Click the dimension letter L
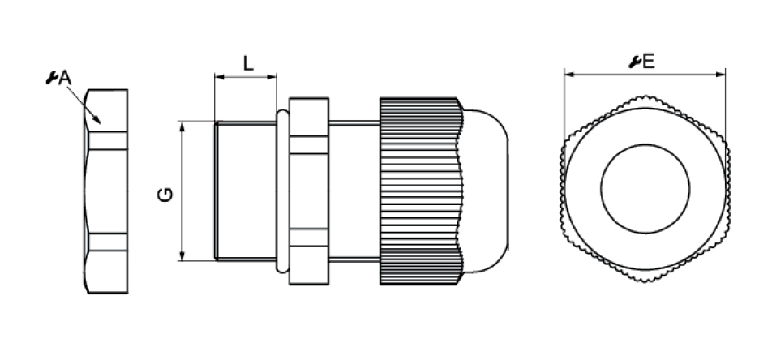[249, 63]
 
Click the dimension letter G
[165, 195]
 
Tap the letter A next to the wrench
[65, 78]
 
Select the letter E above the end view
[649, 62]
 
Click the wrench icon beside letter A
[52, 78]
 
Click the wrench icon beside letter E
[635, 62]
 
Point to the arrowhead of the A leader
[97, 120]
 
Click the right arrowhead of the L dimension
[272, 77]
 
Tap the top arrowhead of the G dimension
[182, 126]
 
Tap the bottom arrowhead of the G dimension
[182, 255]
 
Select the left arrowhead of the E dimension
[569, 75]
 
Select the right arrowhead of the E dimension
[720, 75]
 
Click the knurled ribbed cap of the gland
[422, 191]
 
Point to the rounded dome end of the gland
[487, 191]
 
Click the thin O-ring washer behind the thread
[282, 191]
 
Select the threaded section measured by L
[245, 191]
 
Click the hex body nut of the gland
[309, 191]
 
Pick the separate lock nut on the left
[106, 191]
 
